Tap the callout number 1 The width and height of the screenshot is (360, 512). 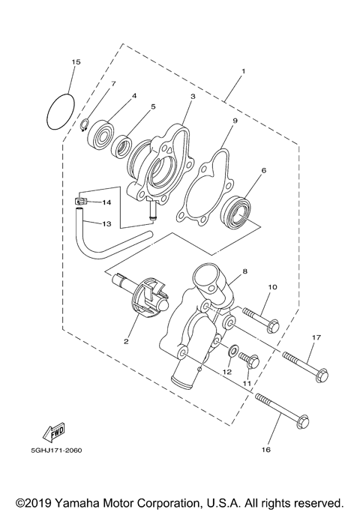(x=243, y=73)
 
